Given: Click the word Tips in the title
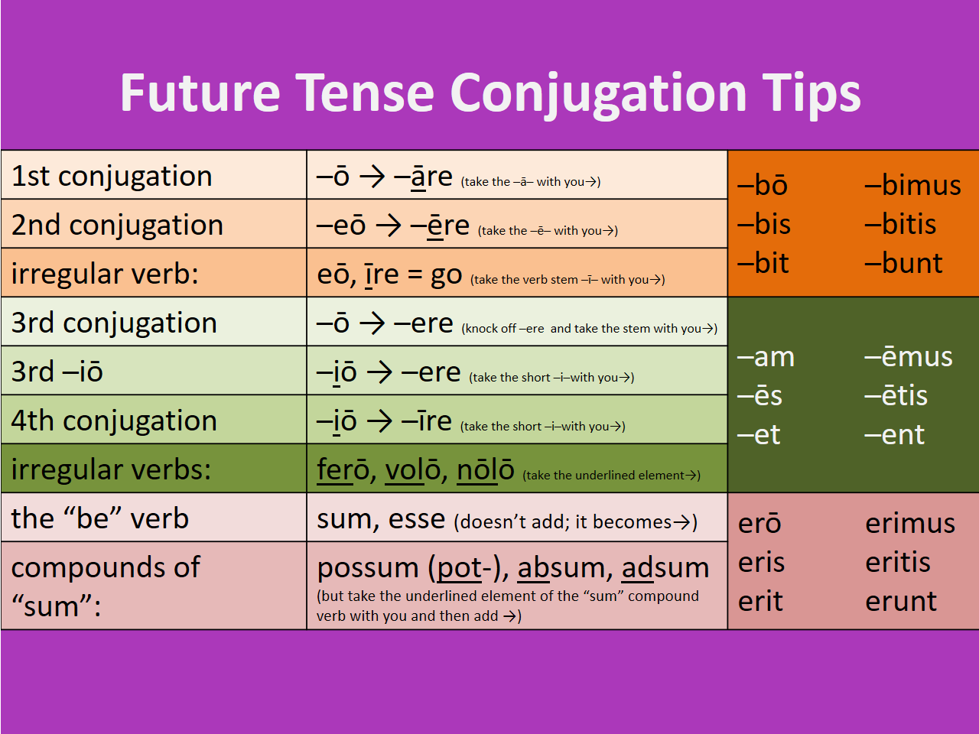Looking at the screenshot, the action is coord(811,93).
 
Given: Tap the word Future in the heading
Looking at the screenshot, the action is coord(200,93).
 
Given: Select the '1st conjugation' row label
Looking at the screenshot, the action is coord(112,176).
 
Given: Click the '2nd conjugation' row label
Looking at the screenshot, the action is coord(117,225).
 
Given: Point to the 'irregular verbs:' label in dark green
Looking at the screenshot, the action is coord(111,469).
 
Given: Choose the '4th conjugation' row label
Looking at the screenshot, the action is coord(114,421).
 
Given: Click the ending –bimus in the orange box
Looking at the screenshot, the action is coord(912,184).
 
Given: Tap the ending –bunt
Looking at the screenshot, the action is coord(903,262).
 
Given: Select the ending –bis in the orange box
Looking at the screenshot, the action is coord(763,223).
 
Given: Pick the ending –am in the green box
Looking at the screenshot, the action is coord(766,357).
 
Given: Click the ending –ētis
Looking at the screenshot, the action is coord(896,395).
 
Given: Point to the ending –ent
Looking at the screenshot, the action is coord(894,435).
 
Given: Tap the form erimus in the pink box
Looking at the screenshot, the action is coord(910,523).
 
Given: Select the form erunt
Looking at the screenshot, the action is coord(901,602).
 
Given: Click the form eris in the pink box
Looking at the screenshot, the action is coord(761,562).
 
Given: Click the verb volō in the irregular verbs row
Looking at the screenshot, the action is coord(412,469).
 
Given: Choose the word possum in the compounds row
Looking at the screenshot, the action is coord(368,568).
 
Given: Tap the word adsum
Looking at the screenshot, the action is coord(665,568).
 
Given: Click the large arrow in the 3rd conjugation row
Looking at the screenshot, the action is coord(372,323).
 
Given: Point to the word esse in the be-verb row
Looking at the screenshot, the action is coord(416,520).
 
